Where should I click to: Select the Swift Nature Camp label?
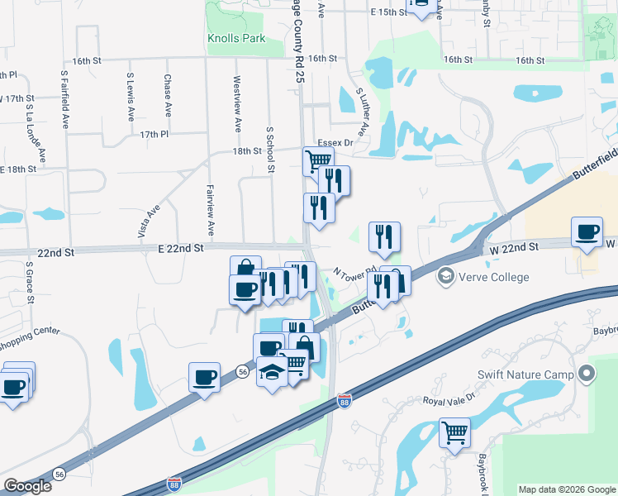point(525,374)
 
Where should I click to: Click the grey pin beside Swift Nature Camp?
point(587,374)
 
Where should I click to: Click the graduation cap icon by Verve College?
point(446,274)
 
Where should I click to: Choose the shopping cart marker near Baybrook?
point(454,432)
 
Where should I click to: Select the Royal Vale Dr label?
point(450,400)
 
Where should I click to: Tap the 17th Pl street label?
point(154,134)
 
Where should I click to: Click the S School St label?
point(269,150)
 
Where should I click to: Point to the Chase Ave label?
point(168,95)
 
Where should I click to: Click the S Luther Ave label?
point(361,112)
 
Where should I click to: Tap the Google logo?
point(27,486)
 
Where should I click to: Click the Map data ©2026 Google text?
point(567,489)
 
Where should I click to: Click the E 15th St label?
point(388,12)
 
